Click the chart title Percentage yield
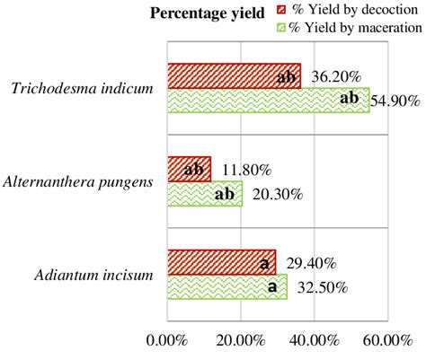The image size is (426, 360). point(207,12)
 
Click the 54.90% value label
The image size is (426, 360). point(395,101)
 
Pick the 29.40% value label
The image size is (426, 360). point(311,263)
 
